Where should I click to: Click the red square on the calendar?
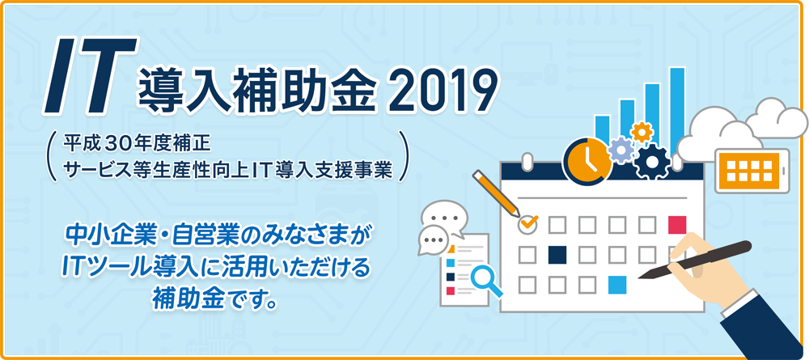click(677, 225)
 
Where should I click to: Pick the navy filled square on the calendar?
click(557, 254)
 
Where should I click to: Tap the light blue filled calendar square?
click(617, 285)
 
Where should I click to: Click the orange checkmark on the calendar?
click(529, 222)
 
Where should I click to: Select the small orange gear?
click(642, 132)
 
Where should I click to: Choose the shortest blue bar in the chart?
click(602, 129)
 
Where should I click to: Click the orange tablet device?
click(752, 170)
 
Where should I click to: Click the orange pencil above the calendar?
click(496, 193)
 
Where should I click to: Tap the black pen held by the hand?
click(694, 260)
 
